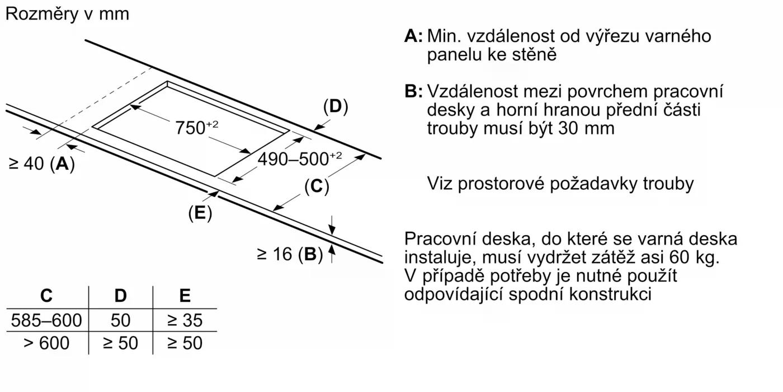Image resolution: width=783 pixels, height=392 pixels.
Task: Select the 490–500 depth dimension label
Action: click(299, 159)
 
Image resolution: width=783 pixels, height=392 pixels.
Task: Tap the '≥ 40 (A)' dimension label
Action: click(42, 164)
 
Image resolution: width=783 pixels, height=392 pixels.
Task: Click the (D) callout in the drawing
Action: click(336, 106)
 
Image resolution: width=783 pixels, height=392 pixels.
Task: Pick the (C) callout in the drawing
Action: click(317, 186)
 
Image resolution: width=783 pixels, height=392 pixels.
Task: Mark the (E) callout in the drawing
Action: click(200, 213)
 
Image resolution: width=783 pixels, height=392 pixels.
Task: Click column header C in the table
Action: click(46, 296)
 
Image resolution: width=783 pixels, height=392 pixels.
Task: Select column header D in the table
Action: click(120, 296)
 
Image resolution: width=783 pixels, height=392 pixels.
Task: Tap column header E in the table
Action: click(185, 296)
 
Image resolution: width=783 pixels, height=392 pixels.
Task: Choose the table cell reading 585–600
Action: click(46, 320)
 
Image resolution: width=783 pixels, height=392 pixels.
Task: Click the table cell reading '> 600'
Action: click(46, 343)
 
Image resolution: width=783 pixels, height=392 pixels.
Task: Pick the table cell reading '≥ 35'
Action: click(185, 320)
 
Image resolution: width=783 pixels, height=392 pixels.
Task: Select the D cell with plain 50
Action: click(120, 320)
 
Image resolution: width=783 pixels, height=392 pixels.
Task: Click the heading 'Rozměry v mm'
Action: click(67, 14)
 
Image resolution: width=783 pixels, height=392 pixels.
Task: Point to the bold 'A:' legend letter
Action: click(413, 36)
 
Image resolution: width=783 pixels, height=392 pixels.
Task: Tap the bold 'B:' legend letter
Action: click(413, 91)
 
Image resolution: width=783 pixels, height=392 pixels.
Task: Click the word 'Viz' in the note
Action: click(440, 183)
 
